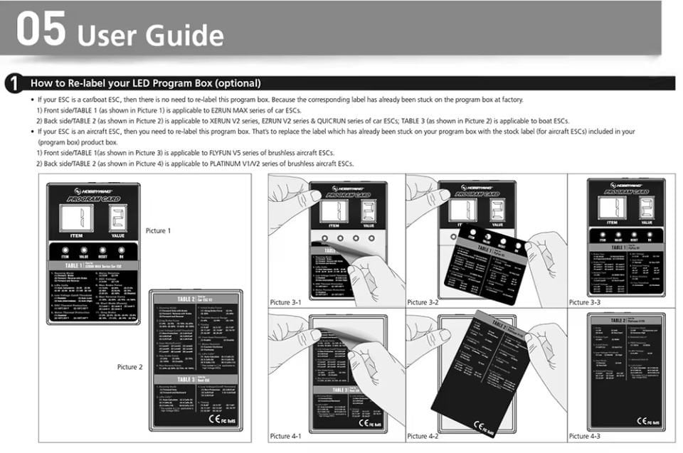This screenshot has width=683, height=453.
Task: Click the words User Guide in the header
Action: [150, 35]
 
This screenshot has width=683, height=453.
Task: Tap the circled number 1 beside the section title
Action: [14, 83]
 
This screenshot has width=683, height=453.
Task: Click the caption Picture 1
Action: [158, 231]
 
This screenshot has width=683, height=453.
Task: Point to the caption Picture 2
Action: [130, 367]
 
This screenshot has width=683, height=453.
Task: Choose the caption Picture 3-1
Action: [285, 302]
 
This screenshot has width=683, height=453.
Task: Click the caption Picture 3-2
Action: [423, 302]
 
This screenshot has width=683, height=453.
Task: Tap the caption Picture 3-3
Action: [585, 302]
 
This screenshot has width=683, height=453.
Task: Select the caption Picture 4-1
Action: [285, 436]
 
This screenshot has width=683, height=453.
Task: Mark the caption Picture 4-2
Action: [423, 436]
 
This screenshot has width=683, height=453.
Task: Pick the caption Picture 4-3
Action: [585, 436]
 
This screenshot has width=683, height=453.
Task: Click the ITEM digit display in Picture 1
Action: [77, 218]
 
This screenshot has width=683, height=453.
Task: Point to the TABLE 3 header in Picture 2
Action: [186, 380]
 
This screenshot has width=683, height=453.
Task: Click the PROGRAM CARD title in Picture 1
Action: [93, 200]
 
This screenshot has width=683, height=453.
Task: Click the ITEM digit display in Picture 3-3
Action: [613, 208]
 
